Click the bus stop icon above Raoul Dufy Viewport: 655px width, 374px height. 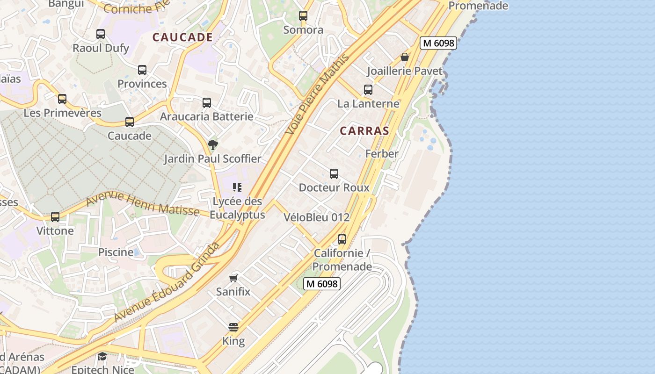(x=101, y=34)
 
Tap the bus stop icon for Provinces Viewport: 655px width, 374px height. (x=142, y=70)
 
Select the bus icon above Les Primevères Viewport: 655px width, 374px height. (x=62, y=99)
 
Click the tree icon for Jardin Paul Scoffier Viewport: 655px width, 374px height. (x=212, y=144)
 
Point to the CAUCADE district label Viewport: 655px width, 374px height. (x=182, y=37)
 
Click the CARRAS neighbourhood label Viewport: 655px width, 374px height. (x=364, y=131)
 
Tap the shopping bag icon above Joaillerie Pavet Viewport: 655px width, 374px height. (x=405, y=58)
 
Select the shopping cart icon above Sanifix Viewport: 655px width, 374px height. (x=233, y=278)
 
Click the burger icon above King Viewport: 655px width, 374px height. (x=233, y=327)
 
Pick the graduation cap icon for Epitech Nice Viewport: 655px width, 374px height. (x=102, y=357)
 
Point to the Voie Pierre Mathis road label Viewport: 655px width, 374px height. (x=318, y=94)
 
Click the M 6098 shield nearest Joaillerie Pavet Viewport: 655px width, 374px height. (x=438, y=43)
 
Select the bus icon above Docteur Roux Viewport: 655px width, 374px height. (x=334, y=174)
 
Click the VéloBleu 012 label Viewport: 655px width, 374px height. (x=317, y=217)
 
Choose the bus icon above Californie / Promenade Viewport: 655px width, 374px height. (x=342, y=239)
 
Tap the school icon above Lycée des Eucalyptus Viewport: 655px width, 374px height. (x=237, y=187)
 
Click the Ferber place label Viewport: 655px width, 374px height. (x=382, y=153)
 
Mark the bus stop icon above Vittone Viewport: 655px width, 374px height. (x=55, y=217)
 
